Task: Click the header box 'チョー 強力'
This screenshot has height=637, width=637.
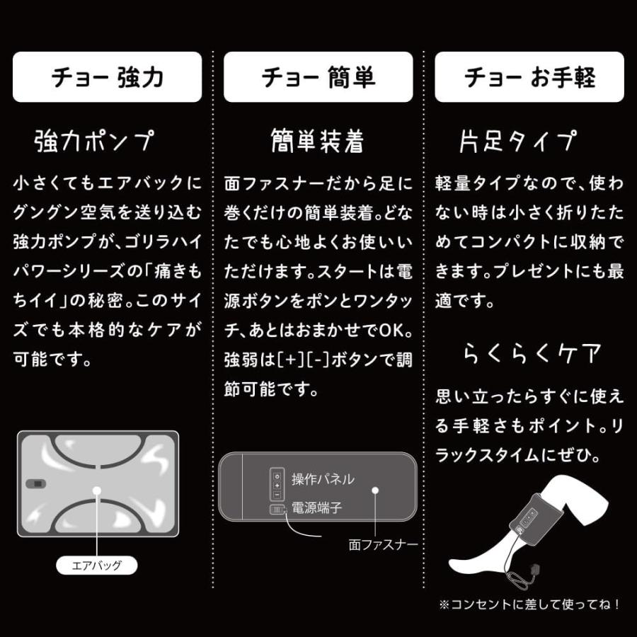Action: [x=107, y=77]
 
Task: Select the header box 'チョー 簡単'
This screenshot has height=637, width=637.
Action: [x=318, y=77]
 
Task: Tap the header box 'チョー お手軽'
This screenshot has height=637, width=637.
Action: [x=529, y=77]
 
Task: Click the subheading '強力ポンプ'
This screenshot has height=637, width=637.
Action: [x=93, y=142]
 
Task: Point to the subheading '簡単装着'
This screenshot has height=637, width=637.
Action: [x=317, y=142]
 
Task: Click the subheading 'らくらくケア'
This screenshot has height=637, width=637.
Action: [x=532, y=352]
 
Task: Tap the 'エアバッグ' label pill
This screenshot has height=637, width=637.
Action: [x=97, y=565]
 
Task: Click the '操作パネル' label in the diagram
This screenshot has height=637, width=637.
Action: [x=323, y=479]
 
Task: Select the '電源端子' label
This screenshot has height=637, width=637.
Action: [x=316, y=508]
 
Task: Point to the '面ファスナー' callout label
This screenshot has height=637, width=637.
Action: [x=383, y=545]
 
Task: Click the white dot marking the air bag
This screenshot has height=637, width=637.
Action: [x=96, y=489]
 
